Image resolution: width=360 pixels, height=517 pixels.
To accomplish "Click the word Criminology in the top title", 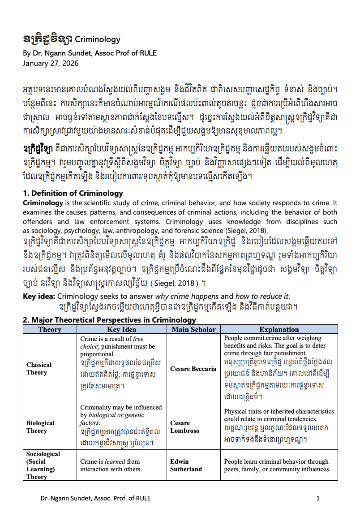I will tap(98, 39).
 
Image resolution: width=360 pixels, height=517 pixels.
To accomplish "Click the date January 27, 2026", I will tap(51, 63).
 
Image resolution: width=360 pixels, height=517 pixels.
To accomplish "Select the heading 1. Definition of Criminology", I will tap(73, 194).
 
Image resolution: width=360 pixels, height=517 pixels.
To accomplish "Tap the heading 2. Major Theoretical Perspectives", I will tap(109, 320).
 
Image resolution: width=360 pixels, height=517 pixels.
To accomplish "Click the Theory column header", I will tap(50, 329).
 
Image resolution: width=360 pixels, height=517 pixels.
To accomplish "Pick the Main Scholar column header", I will tap(193, 329).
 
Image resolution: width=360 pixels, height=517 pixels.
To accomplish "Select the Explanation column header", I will tap(279, 329).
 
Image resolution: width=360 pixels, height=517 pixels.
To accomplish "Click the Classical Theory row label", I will tap(39, 369).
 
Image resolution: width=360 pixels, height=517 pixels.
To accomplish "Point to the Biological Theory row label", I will tap(40, 427).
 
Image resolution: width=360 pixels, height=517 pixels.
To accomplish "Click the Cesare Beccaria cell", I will tap(193, 369).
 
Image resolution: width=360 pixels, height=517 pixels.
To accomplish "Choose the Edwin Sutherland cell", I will tap(186, 465).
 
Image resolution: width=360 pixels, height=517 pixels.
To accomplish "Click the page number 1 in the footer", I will tap(318, 498).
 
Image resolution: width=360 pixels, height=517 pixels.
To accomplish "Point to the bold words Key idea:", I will tap(39, 296).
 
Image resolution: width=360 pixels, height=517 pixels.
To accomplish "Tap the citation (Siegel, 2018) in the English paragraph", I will tap(248, 231).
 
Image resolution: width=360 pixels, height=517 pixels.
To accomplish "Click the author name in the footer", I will tap(95, 498).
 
